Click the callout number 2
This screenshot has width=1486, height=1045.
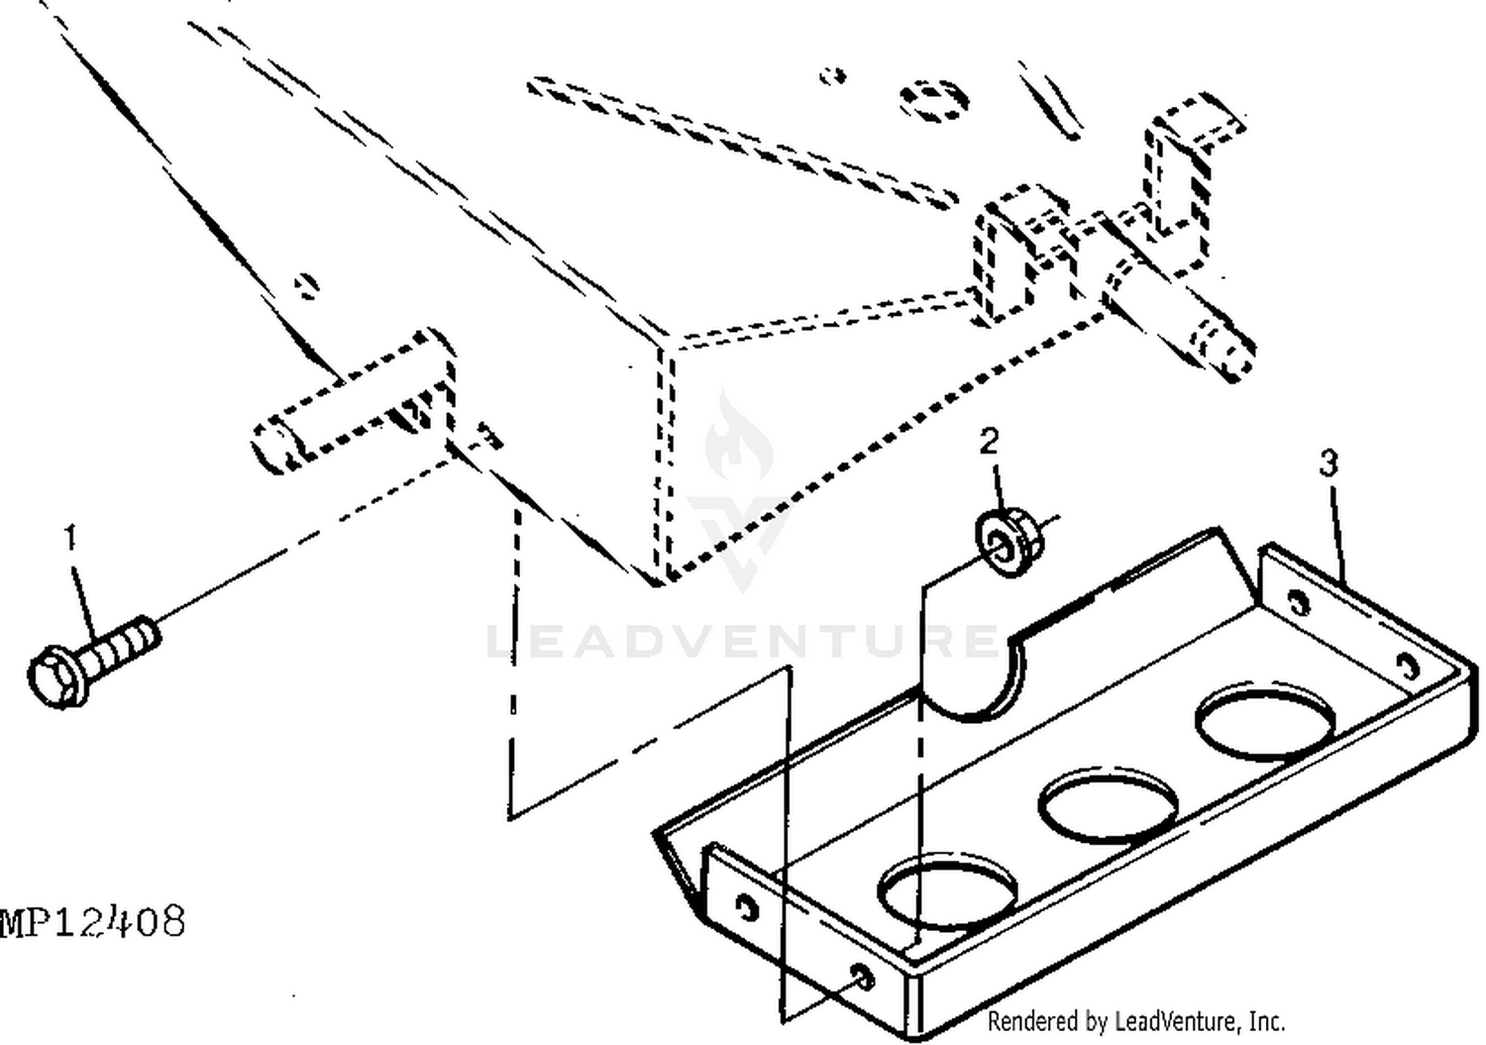989,441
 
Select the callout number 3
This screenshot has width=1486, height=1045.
1328,464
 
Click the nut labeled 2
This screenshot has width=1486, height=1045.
1008,541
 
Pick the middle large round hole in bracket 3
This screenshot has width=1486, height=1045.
1108,806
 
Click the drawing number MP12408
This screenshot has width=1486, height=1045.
93,921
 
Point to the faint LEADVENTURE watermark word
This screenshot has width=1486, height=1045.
742,641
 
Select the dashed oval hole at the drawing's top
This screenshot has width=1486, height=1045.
934,101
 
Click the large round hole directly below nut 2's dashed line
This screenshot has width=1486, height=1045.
947,890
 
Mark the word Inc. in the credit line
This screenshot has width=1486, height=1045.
1267,1021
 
